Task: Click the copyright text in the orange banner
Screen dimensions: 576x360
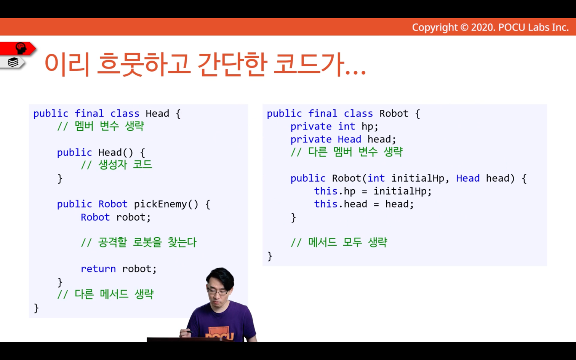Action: tap(490, 27)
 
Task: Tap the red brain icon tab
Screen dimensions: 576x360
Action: tap(18, 48)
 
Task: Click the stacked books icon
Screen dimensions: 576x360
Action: tap(13, 62)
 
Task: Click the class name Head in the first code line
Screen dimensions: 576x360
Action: tap(157, 114)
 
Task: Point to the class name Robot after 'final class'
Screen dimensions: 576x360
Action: tap(394, 114)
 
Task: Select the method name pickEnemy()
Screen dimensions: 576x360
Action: tap(166, 204)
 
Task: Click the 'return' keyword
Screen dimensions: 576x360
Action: tap(98, 269)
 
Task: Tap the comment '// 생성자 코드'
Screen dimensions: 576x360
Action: tap(117, 165)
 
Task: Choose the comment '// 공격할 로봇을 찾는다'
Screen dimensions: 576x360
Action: tap(139, 242)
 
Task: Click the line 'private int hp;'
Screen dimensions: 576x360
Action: tap(334, 126)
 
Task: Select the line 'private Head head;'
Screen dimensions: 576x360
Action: tap(343, 139)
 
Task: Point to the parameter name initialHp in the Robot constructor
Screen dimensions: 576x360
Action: tap(418, 178)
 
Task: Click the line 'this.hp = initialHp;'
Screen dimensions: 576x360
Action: tap(373, 191)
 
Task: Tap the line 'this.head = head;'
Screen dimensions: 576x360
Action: tap(364, 204)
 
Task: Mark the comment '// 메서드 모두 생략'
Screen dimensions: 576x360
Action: tap(339, 242)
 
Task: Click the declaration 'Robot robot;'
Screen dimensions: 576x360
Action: tap(116, 217)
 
